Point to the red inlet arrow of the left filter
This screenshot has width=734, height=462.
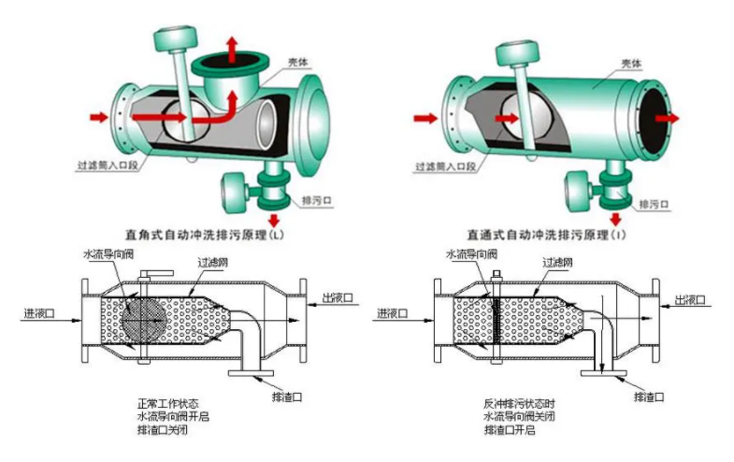coord(99,118)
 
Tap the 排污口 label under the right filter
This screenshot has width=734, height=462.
coord(653,202)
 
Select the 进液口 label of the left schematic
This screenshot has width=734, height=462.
coord(41,312)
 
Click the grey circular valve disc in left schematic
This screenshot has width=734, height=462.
coord(143,316)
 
